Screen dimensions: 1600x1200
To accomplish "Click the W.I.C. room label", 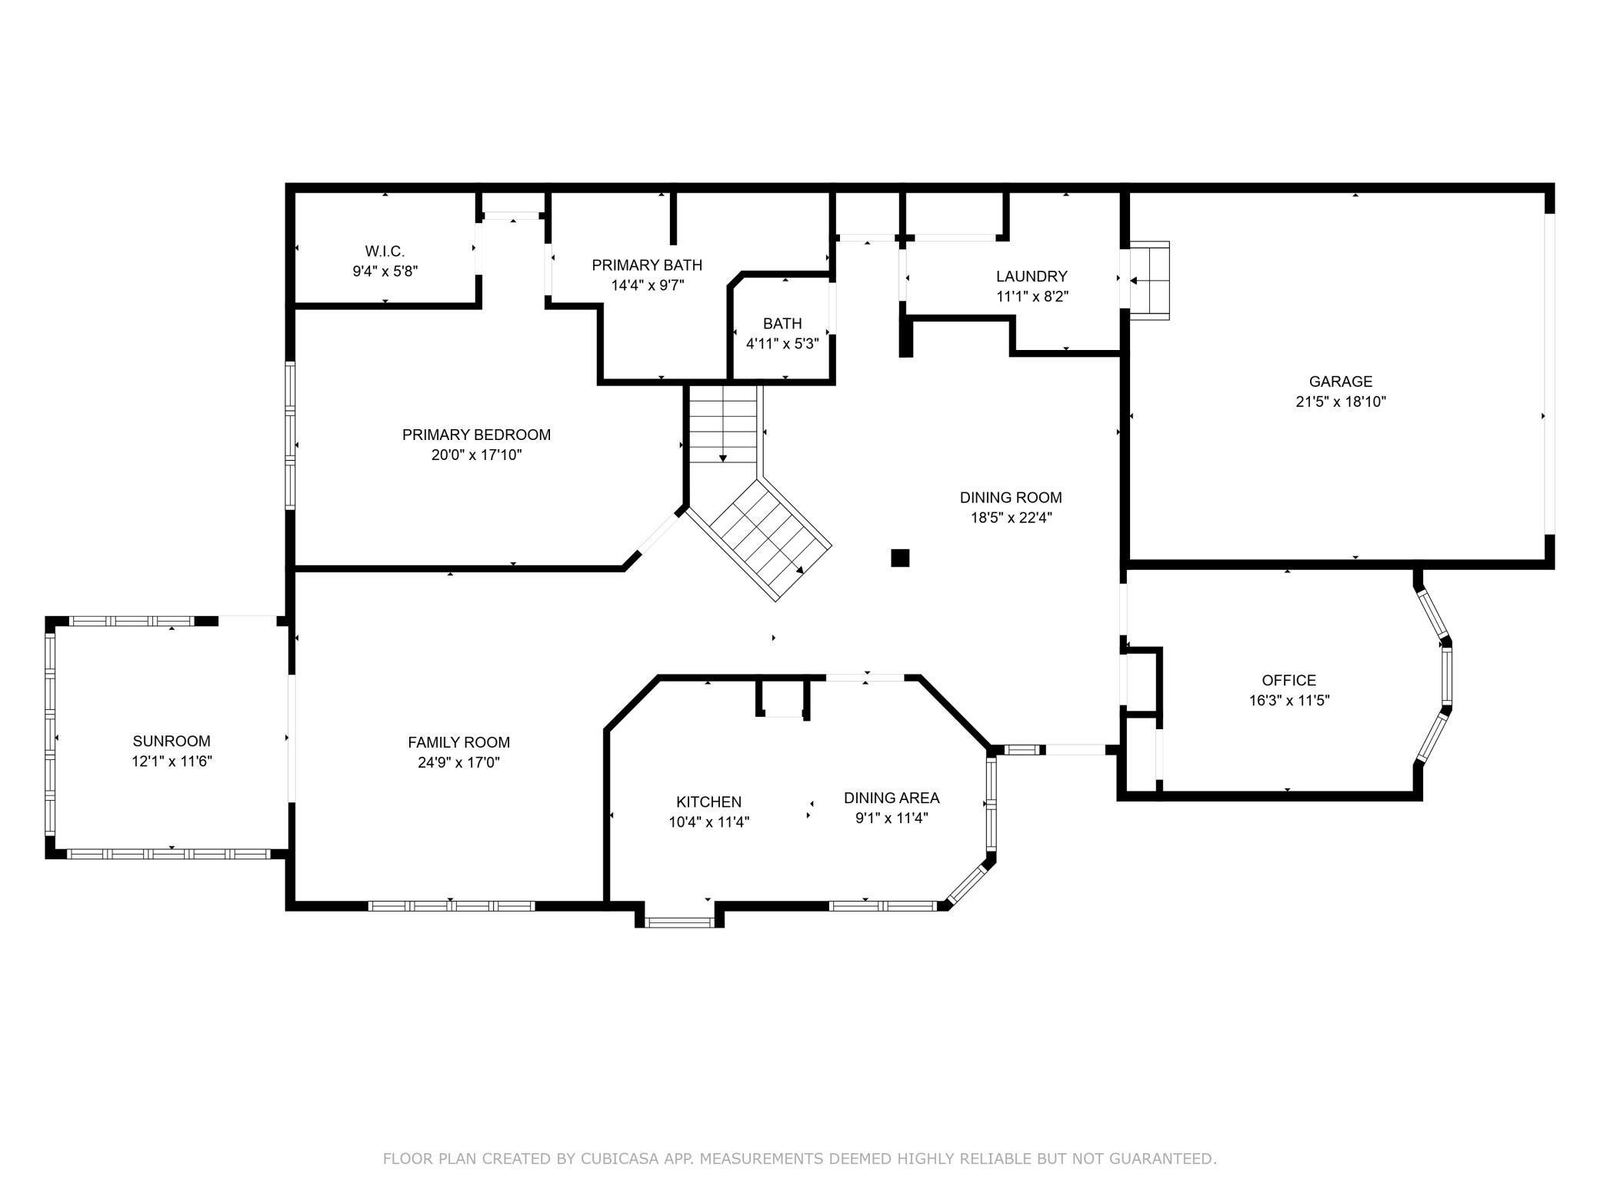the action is (x=385, y=252).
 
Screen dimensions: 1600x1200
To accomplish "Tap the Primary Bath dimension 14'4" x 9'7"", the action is (x=647, y=285).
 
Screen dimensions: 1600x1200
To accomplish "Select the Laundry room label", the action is (x=1032, y=276).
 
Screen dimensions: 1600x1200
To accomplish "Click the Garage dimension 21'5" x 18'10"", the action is (x=1341, y=402).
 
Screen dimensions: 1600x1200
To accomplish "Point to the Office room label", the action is (x=1289, y=680).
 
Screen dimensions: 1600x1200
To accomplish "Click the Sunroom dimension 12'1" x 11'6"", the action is (x=172, y=762).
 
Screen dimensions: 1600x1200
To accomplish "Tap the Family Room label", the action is (x=459, y=742).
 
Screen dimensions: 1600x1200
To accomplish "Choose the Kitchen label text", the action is (x=709, y=802).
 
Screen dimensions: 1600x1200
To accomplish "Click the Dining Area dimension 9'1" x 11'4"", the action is (x=892, y=818).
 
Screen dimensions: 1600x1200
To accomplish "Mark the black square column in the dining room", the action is (x=900, y=558).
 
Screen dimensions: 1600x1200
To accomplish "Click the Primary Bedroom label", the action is (x=476, y=435).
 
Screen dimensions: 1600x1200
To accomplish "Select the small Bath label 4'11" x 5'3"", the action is (x=782, y=334).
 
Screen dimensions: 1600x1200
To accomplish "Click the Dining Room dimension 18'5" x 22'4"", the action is (x=1011, y=518).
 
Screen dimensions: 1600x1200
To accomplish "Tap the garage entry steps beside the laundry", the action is (x=1149, y=281).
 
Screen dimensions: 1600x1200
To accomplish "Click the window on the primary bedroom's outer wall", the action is (x=290, y=435).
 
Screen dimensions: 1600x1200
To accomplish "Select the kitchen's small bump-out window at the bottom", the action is (x=679, y=922).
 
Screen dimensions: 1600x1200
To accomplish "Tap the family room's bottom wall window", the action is (x=452, y=906).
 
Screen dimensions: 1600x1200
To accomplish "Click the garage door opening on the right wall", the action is (x=1550, y=373).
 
